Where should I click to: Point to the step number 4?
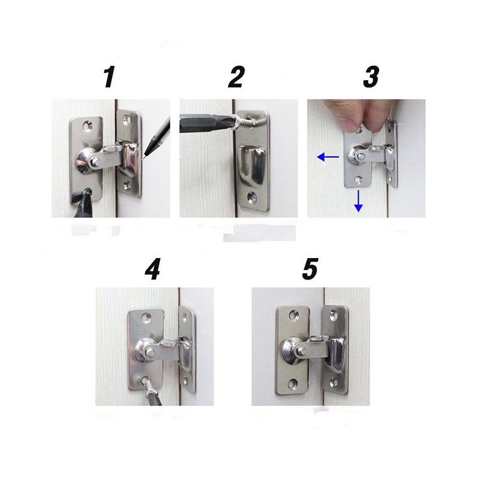(153, 268)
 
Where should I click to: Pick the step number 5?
(310, 268)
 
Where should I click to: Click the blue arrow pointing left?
(328, 157)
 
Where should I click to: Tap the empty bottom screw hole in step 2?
(252, 197)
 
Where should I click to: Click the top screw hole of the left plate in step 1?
(89, 126)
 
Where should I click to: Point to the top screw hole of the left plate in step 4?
(147, 319)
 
